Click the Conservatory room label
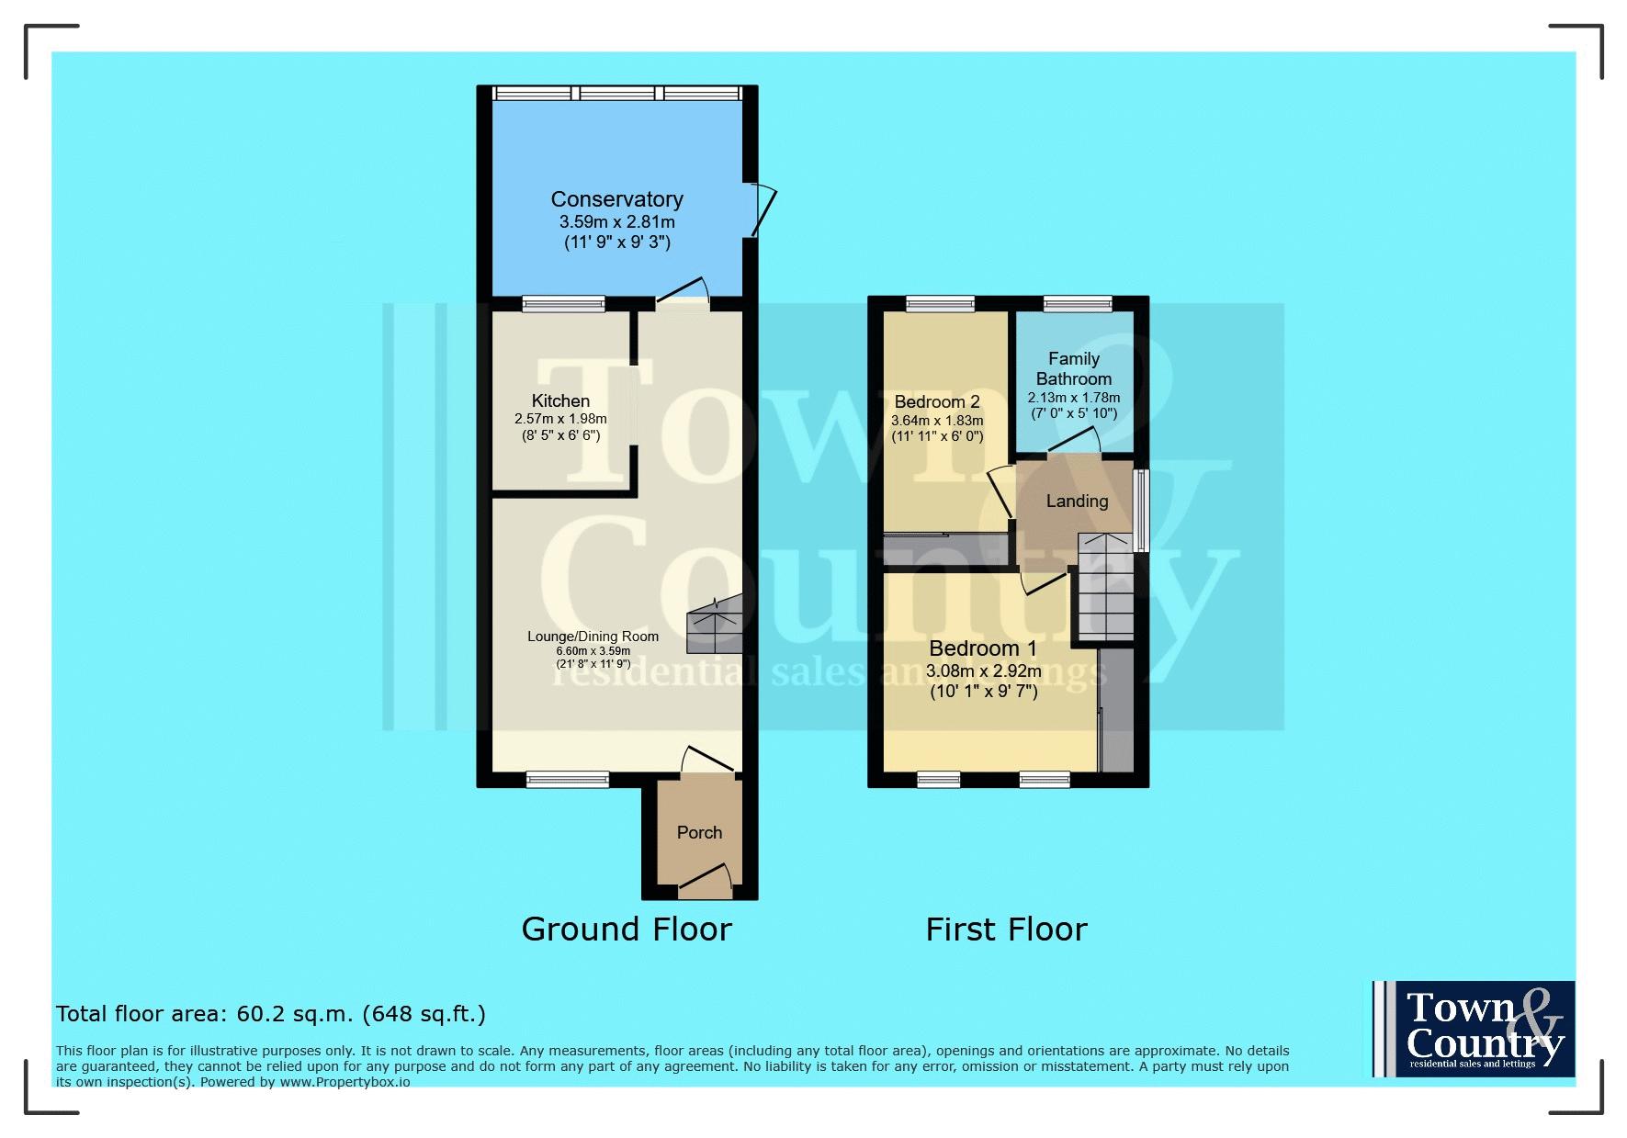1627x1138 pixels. pyautogui.click(x=616, y=199)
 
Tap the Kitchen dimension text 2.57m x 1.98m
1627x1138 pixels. pyautogui.click(x=560, y=419)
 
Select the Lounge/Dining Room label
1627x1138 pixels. pyautogui.click(x=593, y=637)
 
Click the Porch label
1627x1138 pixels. pyautogui.click(x=699, y=832)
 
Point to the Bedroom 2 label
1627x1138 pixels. pyautogui.click(x=937, y=402)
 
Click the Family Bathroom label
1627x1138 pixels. pyautogui.click(x=1074, y=368)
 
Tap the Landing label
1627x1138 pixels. pyautogui.click(x=1077, y=501)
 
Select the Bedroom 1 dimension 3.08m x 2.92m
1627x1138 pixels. pyautogui.click(x=983, y=671)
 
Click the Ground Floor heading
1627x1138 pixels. pyautogui.click(x=627, y=930)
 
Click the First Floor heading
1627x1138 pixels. pyautogui.click(x=1006, y=930)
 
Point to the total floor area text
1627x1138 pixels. pyautogui.click(x=271, y=1014)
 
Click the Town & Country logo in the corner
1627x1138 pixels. pyautogui.click(x=1474, y=1029)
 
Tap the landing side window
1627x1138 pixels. pyautogui.click(x=1141, y=511)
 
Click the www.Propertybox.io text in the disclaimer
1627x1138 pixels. pyautogui.click(x=345, y=1082)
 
